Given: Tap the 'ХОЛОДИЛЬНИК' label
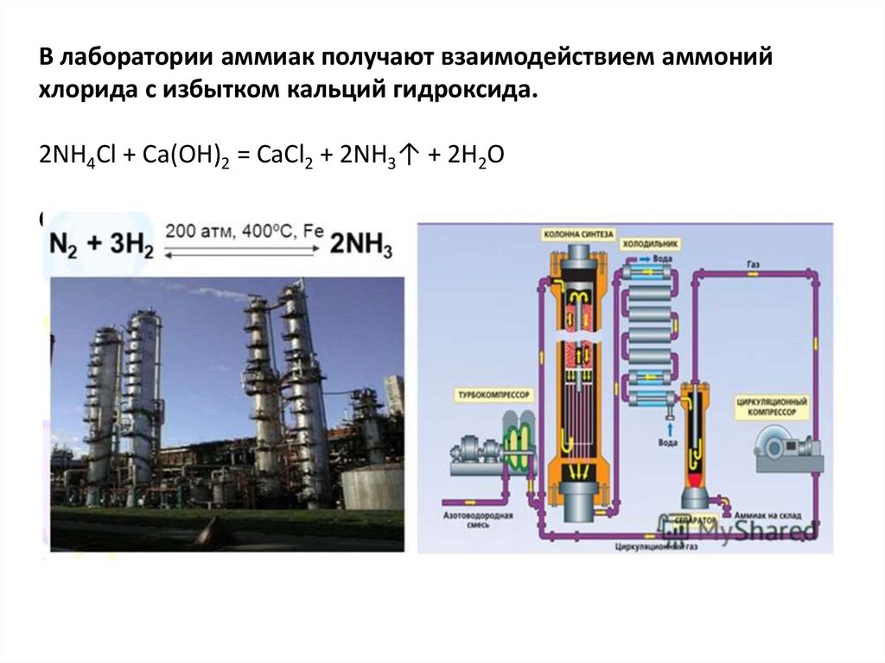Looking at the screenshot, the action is pos(649,245).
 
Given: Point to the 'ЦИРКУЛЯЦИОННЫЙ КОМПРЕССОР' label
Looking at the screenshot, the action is pos(772,408).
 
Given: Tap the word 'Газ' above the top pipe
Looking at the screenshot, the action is pos(754,263).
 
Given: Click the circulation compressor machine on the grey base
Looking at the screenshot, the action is pos(782,446).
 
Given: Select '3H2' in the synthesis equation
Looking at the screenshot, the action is pos(131,245).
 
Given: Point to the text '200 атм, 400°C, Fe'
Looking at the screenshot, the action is pos(244,232).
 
